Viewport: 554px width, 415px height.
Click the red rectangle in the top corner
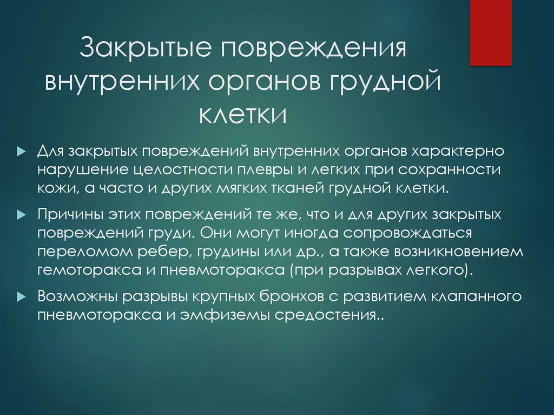point(490,32)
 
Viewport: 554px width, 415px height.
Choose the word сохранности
point(449,169)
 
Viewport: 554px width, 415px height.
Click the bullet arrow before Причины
point(21,215)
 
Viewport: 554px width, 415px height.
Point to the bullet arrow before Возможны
point(21,297)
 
